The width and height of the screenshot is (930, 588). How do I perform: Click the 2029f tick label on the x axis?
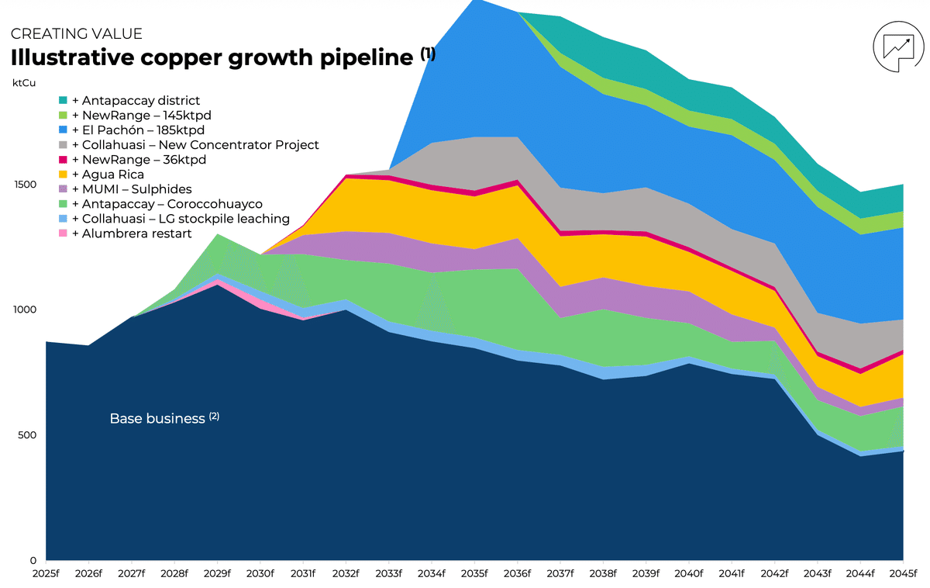[217, 574]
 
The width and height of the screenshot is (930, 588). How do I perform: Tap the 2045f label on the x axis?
[902, 574]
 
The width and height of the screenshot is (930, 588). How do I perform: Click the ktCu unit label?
[23, 81]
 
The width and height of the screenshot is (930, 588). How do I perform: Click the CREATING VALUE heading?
[76, 34]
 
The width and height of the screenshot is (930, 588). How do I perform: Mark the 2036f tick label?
[517, 574]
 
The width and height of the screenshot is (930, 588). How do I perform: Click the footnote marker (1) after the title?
[428, 53]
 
